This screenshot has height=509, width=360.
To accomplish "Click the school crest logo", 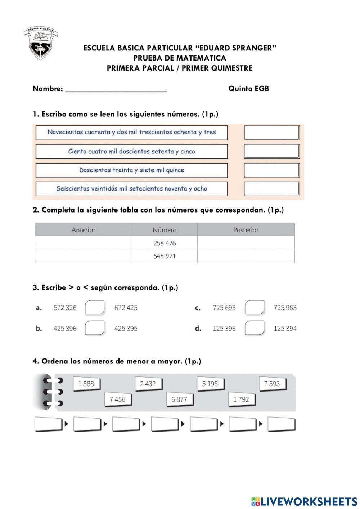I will click(x=41, y=44).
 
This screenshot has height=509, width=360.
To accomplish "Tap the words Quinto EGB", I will click(x=248, y=89).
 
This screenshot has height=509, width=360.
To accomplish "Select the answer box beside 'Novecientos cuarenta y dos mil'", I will click(x=272, y=133).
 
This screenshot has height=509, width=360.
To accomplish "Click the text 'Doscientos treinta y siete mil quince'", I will click(x=132, y=170).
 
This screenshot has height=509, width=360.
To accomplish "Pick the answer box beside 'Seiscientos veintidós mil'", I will click(x=272, y=188).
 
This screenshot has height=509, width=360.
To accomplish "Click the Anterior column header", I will click(x=84, y=230).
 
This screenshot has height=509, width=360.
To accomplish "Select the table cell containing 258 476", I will click(x=165, y=243).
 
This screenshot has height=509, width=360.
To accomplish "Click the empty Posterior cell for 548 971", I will click(x=246, y=256).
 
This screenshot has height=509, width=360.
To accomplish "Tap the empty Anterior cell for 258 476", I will click(x=84, y=243).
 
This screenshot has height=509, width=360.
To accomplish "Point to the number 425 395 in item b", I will click(x=126, y=329).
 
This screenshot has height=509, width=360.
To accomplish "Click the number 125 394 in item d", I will click(x=285, y=329).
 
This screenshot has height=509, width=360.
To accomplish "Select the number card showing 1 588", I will click(x=86, y=384).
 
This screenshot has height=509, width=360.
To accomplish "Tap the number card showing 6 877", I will click(x=179, y=399).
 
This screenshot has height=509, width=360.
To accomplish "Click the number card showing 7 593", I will click(x=272, y=384).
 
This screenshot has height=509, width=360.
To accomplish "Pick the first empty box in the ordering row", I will click(x=48, y=424).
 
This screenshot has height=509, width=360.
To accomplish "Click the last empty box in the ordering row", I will click(x=281, y=424).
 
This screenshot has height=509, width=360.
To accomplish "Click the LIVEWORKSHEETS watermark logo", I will click(x=304, y=501).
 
